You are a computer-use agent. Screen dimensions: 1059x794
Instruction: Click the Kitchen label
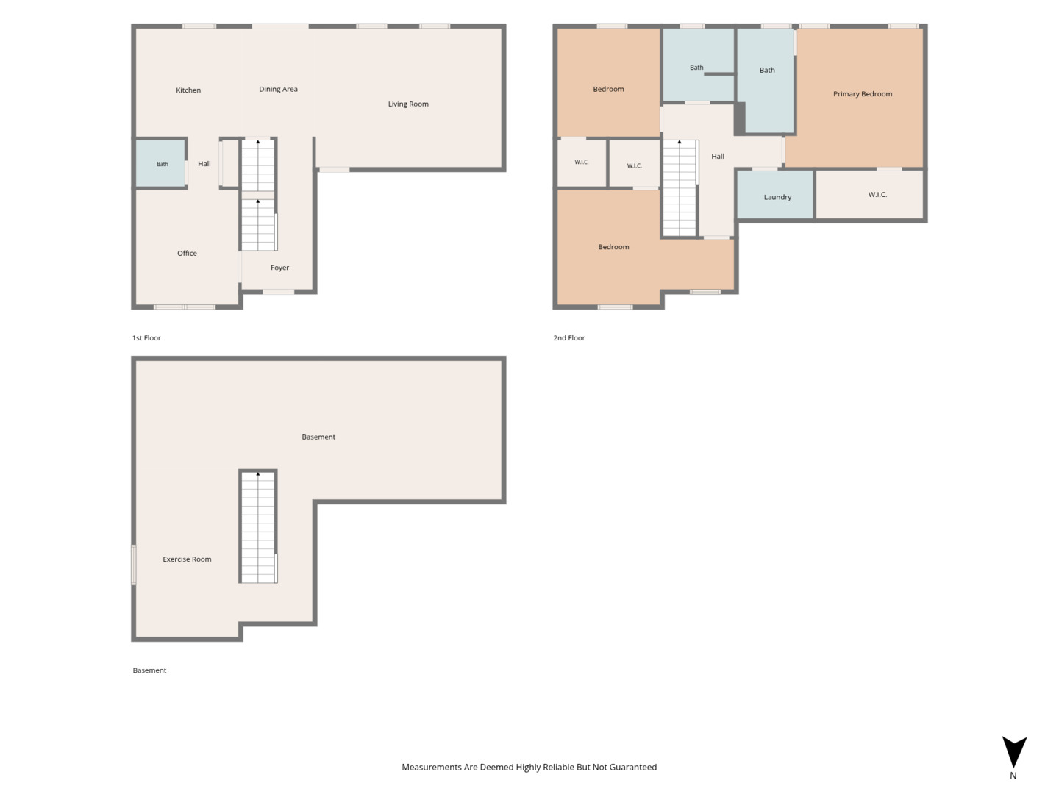(x=188, y=90)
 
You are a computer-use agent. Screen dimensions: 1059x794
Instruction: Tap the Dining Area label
(x=278, y=89)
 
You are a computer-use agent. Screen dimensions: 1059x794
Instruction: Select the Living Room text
(x=408, y=104)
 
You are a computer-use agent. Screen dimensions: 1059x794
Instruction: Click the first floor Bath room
(x=160, y=163)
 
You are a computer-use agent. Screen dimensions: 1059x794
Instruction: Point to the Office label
(x=187, y=253)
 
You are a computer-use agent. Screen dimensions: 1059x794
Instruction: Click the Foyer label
(x=280, y=268)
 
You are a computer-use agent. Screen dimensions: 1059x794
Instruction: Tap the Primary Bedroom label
(x=862, y=94)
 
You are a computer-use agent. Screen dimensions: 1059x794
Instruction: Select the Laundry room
(x=775, y=195)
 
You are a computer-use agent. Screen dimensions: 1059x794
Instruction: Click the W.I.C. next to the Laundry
(x=870, y=194)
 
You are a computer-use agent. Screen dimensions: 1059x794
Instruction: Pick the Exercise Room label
(x=187, y=559)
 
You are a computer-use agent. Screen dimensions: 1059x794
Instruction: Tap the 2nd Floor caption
(x=568, y=338)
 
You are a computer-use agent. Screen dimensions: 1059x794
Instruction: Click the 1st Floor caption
(x=146, y=338)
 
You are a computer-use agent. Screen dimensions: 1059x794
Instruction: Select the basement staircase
(x=258, y=527)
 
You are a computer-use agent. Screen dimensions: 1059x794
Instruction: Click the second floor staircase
(x=680, y=188)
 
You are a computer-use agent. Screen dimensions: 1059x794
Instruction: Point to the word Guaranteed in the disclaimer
(x=633, y=767)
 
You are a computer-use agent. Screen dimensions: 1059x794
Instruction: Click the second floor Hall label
(x=718, y=156)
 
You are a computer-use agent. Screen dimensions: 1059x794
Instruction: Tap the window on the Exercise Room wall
(x=134, y=565)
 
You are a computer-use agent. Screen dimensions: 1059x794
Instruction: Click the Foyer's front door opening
(x=279, y=292)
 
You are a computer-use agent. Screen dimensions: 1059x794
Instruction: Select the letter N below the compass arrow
(x=1013, y=776)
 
